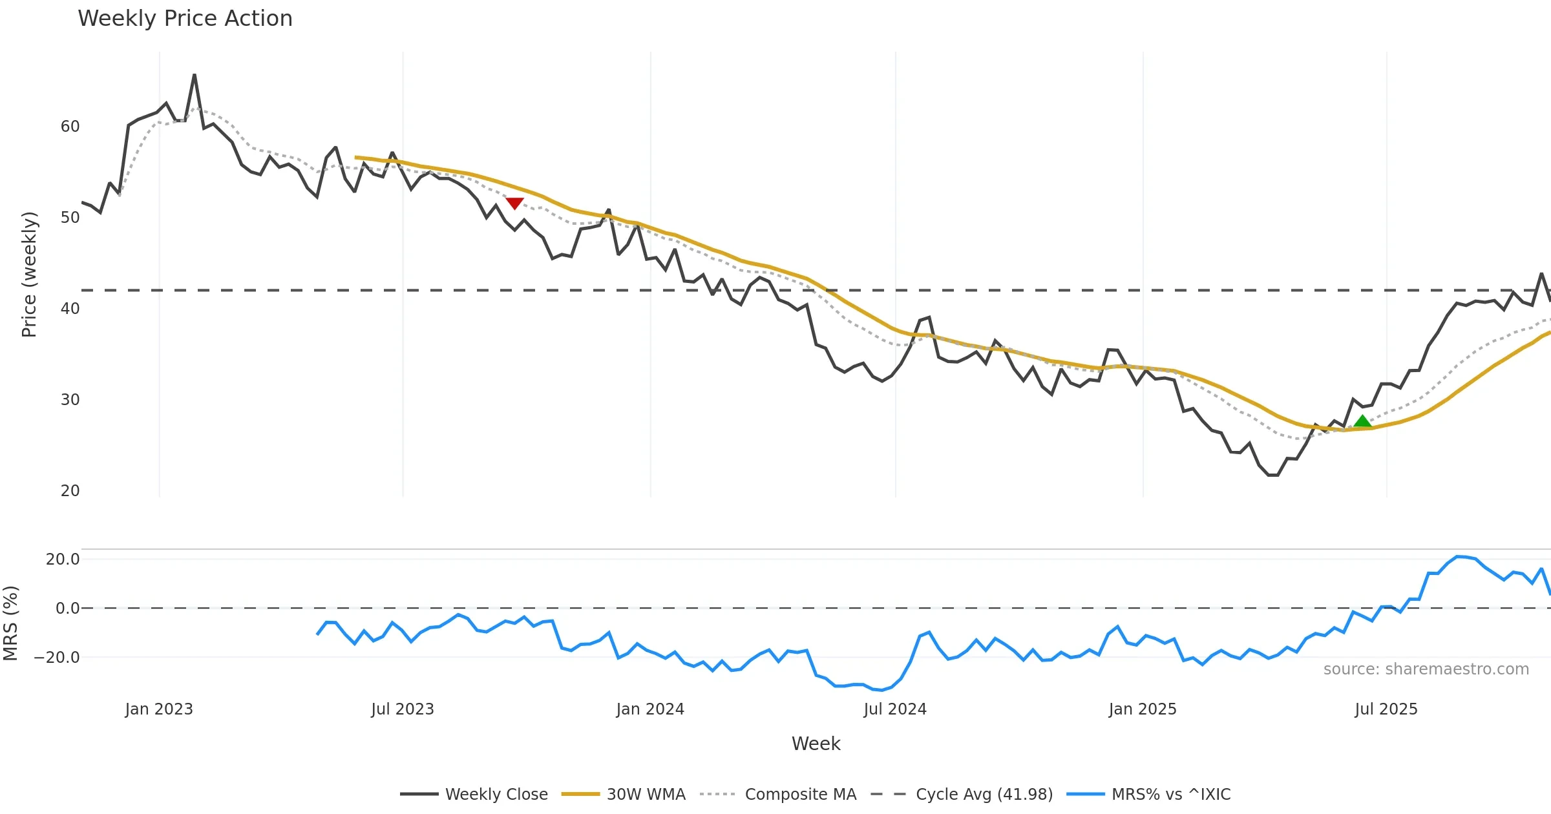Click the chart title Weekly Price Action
[185, 19]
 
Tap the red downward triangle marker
[514, 203]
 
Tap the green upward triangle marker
[1362, 422]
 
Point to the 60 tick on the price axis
[70, 127]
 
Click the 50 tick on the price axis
[70, 218]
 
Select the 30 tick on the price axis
[70, 400]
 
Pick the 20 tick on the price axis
[70, 491]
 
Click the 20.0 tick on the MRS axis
[63, 559]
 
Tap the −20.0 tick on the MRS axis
[57, 658]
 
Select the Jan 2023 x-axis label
[159, 709]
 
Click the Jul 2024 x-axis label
[895, 709]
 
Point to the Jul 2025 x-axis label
[1386, 709]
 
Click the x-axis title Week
[816, 744]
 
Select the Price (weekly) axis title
[30, 275]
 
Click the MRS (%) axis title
[11, 623]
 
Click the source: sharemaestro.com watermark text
[1426, 669]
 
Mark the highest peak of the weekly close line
[195, 75]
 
